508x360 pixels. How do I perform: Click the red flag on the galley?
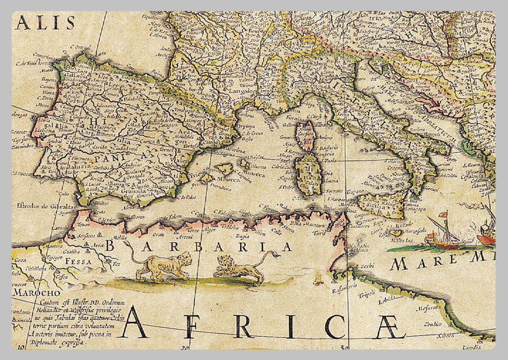coord(443,215)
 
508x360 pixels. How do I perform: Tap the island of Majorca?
coord(224,169)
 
